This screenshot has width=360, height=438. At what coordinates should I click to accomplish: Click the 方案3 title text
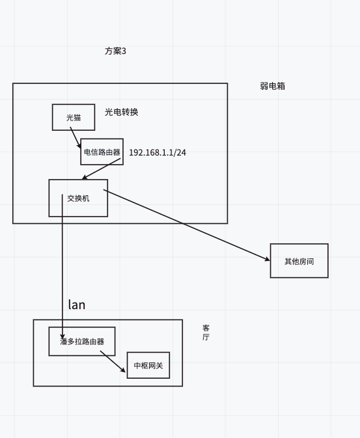pyautogui.click(x=115, y=51)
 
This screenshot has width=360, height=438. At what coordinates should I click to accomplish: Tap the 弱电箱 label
pyautogui.click(x=273, y=86)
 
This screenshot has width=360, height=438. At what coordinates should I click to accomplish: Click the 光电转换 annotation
pyautogui.click(x=122, y=112)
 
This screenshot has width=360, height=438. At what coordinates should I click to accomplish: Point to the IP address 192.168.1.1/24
pyautogui.click(x=158, y=152)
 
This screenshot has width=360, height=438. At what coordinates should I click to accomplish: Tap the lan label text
pyautogui.click(x=77, y=305)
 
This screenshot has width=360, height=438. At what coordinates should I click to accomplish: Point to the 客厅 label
pyautogui.click(x=206, y=333)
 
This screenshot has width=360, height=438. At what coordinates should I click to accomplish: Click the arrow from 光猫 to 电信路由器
pyautogui.click(x=76, y=138)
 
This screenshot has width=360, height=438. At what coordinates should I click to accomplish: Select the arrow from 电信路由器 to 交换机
pyautogui.click(x=101, y=169)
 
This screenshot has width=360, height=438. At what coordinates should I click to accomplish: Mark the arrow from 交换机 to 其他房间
pyautogui.click(x=187, y=225)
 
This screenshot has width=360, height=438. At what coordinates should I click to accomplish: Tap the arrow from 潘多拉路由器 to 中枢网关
pyautogui.click(x=113, y=361)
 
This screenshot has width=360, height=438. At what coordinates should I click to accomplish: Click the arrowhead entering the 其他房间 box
pyautogui.click(x=267, y=259)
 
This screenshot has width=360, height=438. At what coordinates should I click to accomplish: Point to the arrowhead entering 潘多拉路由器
pyautogui.click(x=62, y=336)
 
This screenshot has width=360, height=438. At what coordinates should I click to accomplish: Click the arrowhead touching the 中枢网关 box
pyautogui.click(x=123, y=370)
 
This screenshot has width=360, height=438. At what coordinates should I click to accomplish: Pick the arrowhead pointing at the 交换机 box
pyautogui.click(x=85, y=177)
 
